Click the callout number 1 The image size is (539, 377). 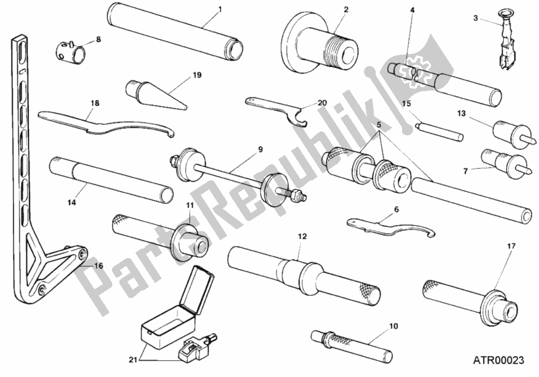220,10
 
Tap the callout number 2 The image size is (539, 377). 345,9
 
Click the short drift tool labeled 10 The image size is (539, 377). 351,341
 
